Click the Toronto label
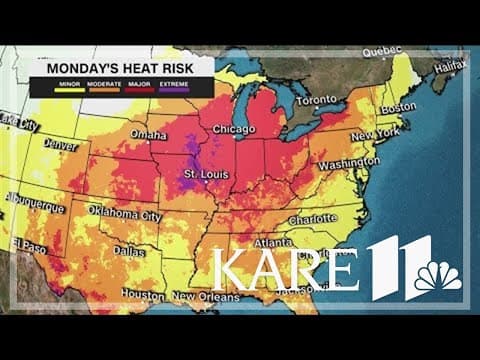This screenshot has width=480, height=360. [x=317, y=101]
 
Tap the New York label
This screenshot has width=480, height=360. [x=375, y=132]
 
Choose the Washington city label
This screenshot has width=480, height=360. [x=351, y=160]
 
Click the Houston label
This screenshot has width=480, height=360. [x=142, y=296]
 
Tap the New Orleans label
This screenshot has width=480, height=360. [x=208, y=297]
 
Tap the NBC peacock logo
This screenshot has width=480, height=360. [x=439, y=276]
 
